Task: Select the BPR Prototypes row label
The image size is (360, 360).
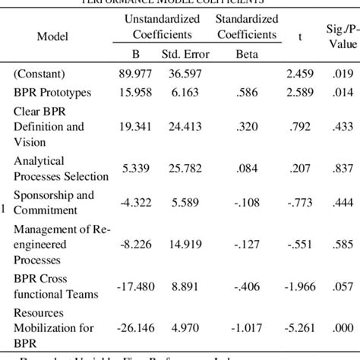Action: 51,92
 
